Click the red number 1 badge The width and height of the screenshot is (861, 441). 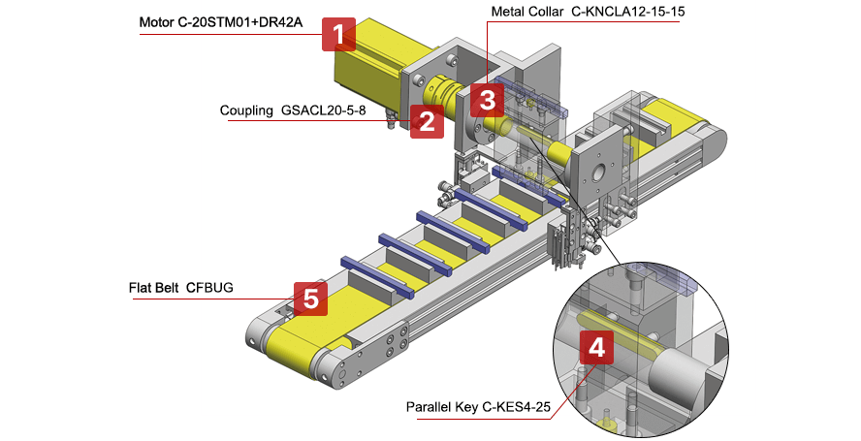[338, 36]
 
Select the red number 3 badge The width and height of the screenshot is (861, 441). [487, 99]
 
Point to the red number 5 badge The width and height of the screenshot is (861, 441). [310, 299]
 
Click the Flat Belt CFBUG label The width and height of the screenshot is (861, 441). [181, 288]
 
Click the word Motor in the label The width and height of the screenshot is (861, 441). [159, 21]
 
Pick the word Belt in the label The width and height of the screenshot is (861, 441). [168, 288]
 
